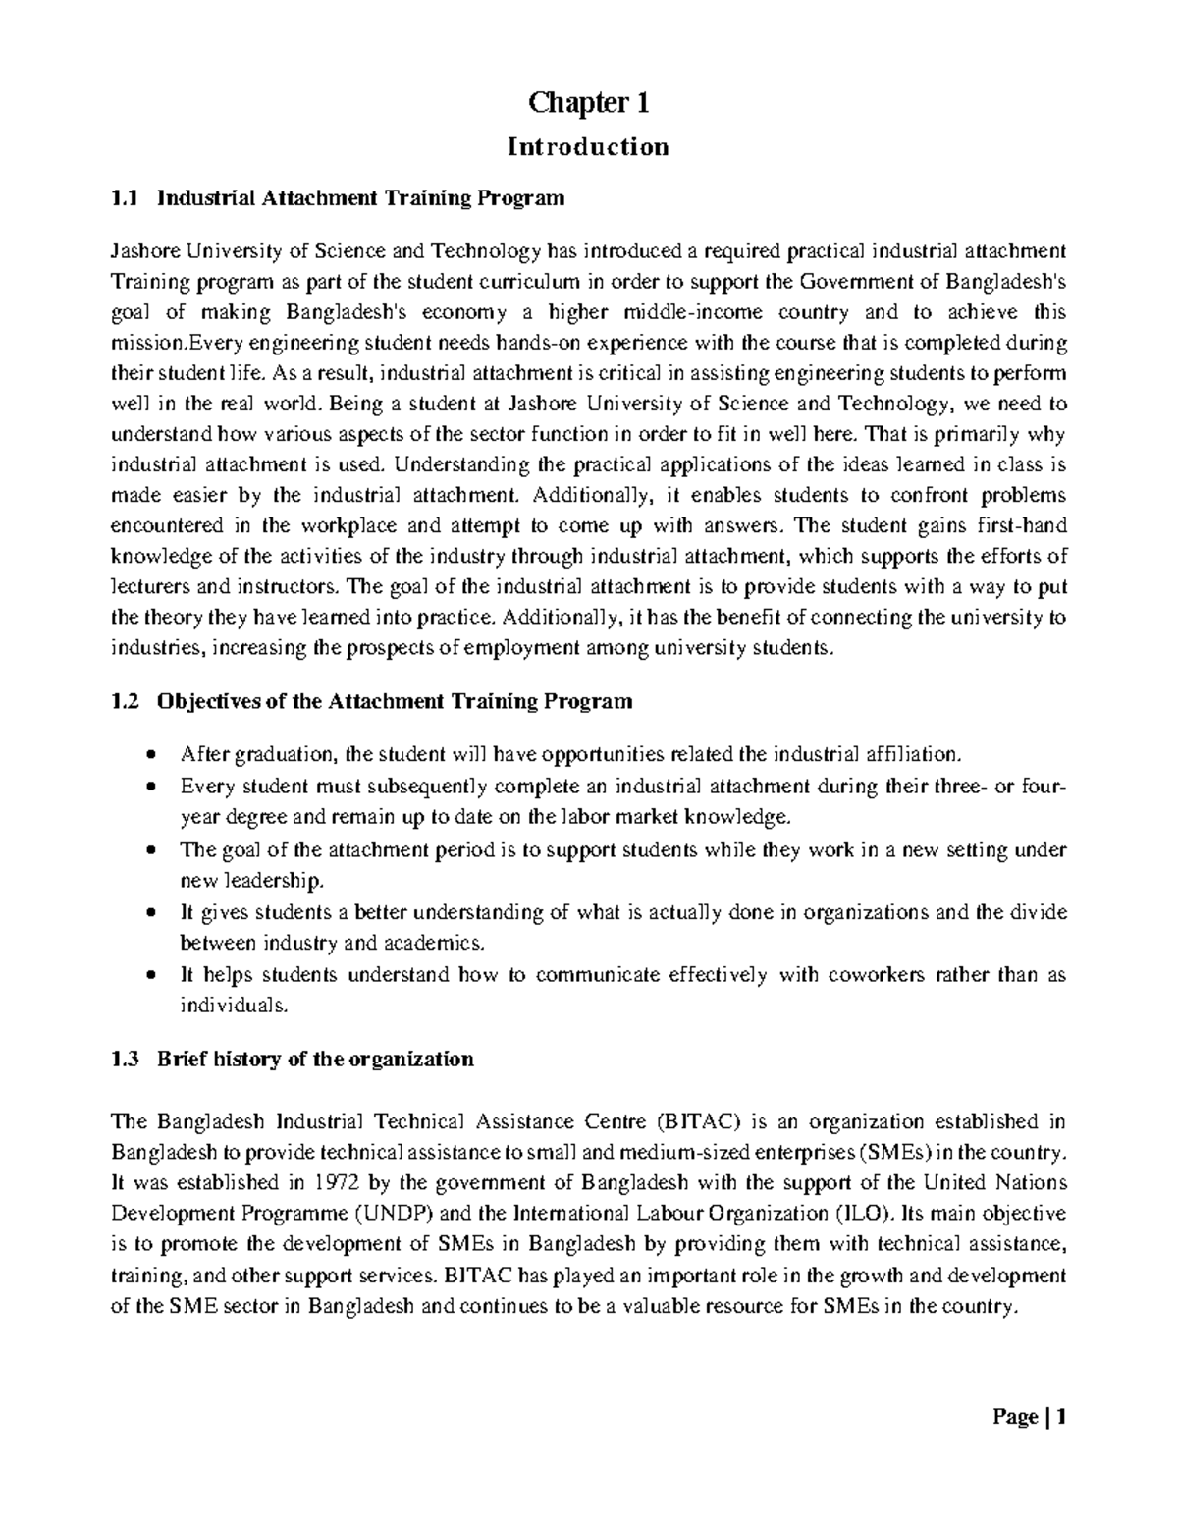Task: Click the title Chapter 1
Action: [588, 102]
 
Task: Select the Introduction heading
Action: [588, 147]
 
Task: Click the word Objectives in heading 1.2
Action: [207, 701]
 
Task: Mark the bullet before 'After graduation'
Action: [149, 755]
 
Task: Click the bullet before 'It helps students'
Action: [149, 976]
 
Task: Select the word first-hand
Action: [1017, 524]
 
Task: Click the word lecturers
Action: [151, 587]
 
